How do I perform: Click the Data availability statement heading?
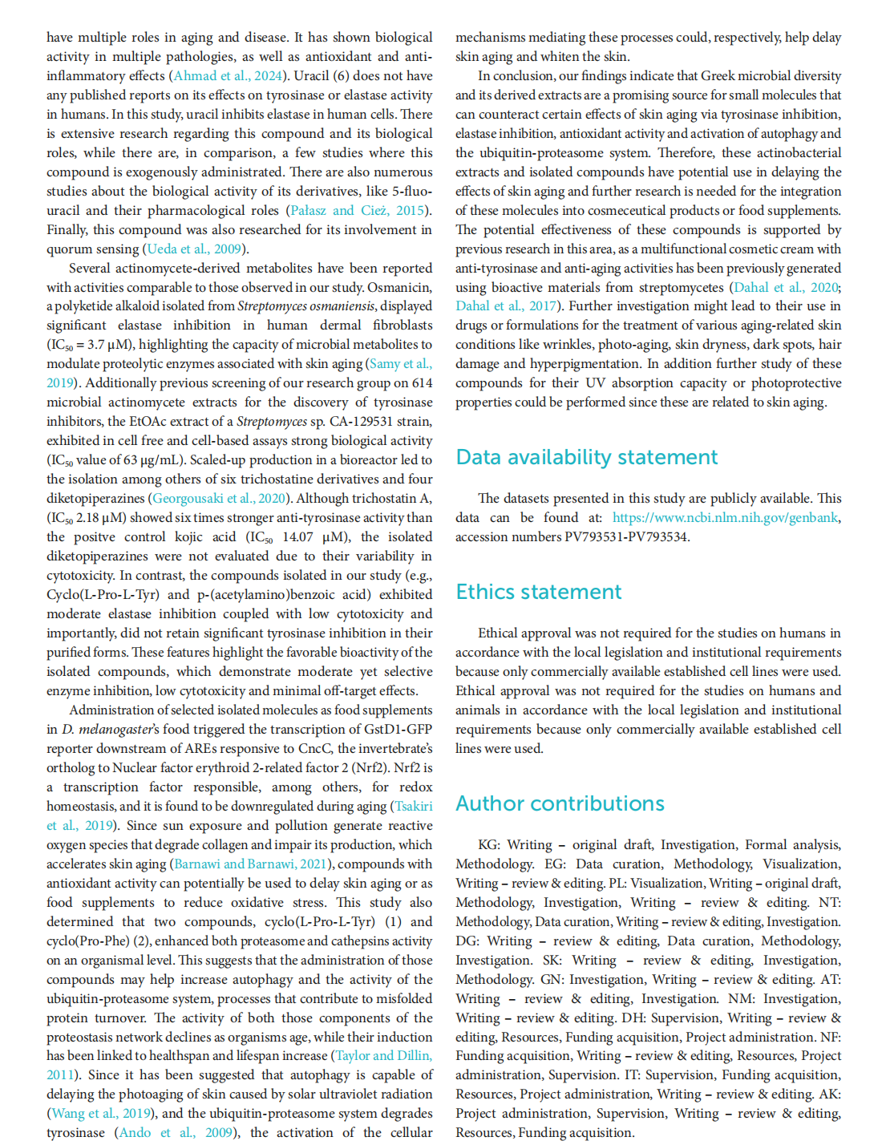(586, 457)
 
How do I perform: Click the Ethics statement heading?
(538, 592)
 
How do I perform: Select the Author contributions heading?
(560, 803)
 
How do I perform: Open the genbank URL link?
(726, 518)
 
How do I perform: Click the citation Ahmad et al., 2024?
(229, 76)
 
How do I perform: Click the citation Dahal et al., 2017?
(507, 306)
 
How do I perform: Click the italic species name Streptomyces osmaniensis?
(306, 306)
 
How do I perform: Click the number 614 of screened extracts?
(422, 383)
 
